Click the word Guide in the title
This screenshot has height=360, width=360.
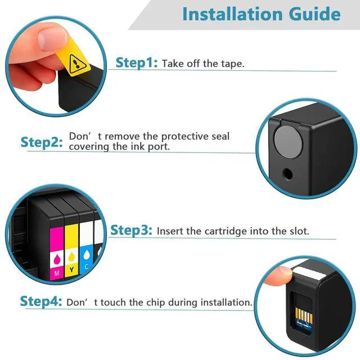(315, 14)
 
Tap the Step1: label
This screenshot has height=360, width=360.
(137, 62)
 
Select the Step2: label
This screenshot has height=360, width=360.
(42, 142)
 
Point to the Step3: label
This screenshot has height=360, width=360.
(131, 230)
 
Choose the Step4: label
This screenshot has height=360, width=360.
(41, 301)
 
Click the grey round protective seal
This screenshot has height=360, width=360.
(288, 142)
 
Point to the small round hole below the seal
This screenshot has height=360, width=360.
(287, 174)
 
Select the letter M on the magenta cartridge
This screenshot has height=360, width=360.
(57, 273)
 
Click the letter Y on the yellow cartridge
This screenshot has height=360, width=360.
(72, 269)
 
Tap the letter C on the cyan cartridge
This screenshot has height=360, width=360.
(87, 267)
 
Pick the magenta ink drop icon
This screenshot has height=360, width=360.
(57, 260)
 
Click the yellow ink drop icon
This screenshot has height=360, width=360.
(72, 256)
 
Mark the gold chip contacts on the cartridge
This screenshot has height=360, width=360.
(304, 316)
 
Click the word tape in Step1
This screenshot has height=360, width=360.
(232, 64)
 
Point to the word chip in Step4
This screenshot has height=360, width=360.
(155, 303)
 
